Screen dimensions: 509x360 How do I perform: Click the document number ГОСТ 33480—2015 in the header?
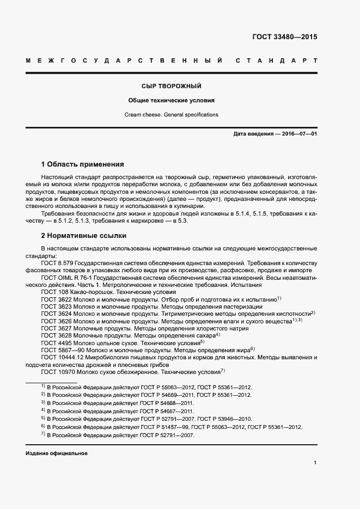284,38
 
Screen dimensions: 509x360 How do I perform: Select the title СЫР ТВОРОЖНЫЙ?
172,87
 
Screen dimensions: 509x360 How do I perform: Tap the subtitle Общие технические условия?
172,101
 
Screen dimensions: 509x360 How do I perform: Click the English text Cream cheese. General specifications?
172,115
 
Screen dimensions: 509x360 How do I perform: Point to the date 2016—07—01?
294,134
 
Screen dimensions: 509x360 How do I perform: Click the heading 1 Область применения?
83,164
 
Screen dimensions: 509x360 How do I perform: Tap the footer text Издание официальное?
57,453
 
